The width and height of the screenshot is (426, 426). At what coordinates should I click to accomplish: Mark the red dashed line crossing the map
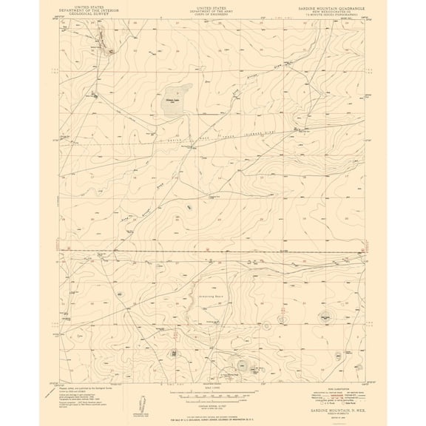(x=222, y=252)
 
